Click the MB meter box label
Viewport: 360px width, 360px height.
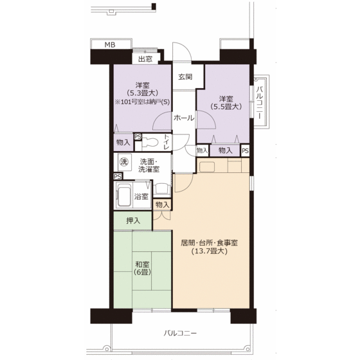[x=110, y=45]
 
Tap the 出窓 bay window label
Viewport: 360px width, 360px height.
[x=145, y=59]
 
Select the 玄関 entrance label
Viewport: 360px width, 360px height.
[x=185, y=76]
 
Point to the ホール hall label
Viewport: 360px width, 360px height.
[x=184, y=118]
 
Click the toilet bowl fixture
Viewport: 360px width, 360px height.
[x=150, y=143]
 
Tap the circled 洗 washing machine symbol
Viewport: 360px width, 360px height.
[x=124, y=162]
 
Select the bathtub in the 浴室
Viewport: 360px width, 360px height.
[x=124, y=195]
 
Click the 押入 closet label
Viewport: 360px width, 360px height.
[x=133, y=221]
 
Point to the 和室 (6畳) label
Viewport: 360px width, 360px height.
[x=142, y=268]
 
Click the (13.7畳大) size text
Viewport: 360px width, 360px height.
[x=209, y=251]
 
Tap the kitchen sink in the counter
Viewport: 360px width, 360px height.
[x=207, y=167]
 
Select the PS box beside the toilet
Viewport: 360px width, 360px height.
[x=138, y=137]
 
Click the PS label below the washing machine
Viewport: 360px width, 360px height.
[x=118, y=177]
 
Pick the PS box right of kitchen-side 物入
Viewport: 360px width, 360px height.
[x=245, y=150]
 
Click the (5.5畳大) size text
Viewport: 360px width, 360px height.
[x=226, y=107]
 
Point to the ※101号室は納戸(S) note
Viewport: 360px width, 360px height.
[x=142, y=102]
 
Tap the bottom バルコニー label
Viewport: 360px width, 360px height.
[x=180, y=333]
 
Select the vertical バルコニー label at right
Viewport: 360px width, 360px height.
[x=260, y=102]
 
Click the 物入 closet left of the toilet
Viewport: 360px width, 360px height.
[x=123, y=142]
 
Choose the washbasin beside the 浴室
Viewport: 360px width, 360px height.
[x=162, y=190]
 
